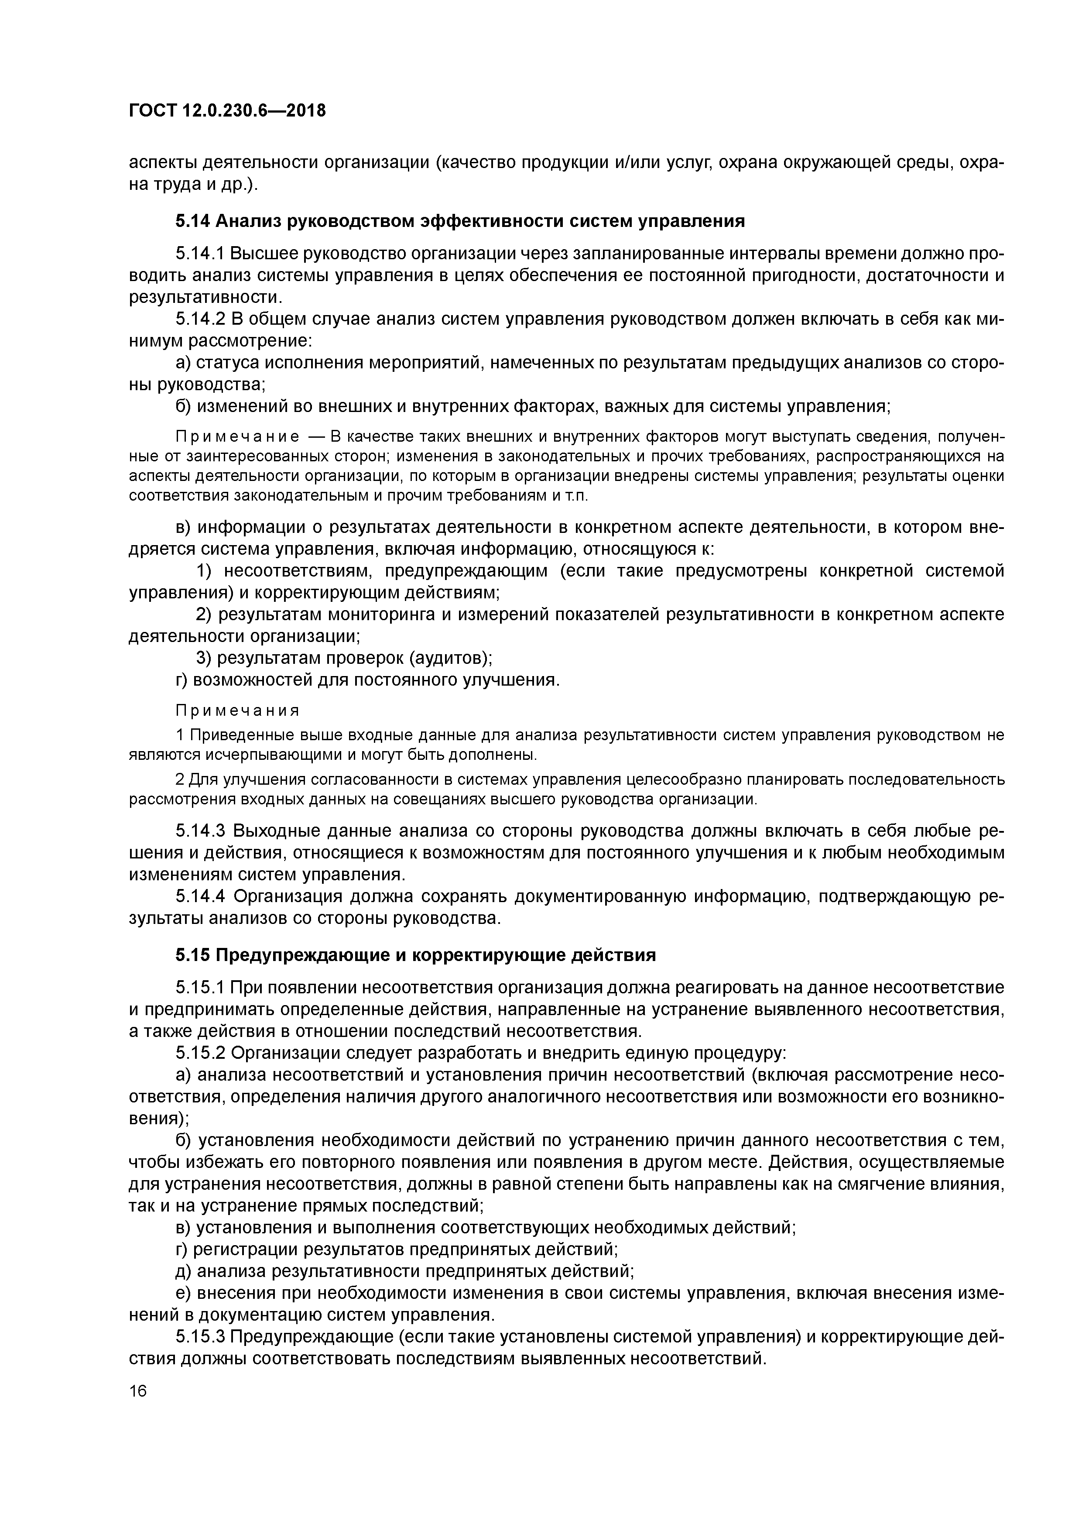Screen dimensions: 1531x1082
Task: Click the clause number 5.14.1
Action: coord(200,254)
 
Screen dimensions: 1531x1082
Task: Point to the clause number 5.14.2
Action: coord(200,319)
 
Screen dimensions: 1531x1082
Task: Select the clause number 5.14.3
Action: coord(200,831)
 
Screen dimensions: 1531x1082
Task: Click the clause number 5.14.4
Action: coord(200,896)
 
